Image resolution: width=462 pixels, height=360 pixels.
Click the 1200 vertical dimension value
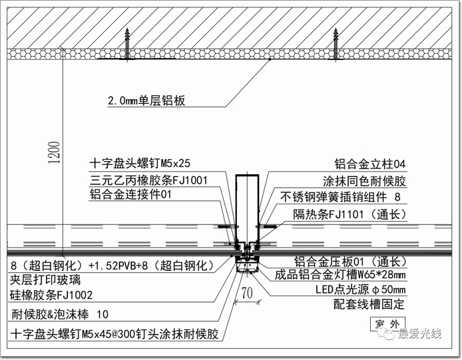[55, 152]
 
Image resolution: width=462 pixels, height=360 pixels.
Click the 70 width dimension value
[247, 293]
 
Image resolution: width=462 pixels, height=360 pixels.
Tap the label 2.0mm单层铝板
[146, 100]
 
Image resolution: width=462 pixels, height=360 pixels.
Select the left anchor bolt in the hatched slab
[127, 45]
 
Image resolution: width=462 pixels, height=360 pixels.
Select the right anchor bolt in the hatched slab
[336, 45]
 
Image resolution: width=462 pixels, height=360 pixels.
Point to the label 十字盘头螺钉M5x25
[140, 163]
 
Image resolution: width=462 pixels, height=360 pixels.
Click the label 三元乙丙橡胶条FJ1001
[149, 180]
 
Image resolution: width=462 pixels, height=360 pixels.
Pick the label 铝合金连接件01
[130, 195]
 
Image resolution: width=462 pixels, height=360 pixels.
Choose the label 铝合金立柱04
[370, 164]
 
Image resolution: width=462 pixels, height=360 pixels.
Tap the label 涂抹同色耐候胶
[364, 181]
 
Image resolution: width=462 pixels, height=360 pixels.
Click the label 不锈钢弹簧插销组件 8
[341, 197]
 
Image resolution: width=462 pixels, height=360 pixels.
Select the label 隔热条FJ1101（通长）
[349, 214]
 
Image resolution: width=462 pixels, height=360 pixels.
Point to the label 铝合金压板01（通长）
[351, 262]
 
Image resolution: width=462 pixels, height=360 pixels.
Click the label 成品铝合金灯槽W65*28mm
[340, 275]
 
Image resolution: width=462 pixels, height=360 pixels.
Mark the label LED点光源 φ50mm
[361, 289]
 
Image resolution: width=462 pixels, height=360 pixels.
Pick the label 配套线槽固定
[369, 304]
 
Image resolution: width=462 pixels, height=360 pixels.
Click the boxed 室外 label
[387, 324]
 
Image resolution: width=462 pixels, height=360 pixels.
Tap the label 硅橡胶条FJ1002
[51, 295]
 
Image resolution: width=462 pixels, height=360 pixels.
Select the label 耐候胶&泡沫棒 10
[60, 314]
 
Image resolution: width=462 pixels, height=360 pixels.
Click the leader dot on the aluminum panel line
[270, 59]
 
